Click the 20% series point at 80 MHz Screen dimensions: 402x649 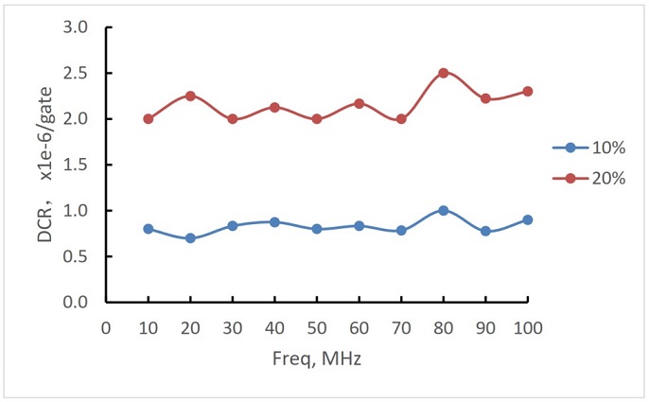coord(443,73)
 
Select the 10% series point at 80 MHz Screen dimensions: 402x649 coord(443,210)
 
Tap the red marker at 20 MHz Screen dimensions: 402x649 coord(190,96)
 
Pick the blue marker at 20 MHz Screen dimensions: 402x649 coord(190,238)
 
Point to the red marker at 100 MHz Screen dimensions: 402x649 coord(528,91)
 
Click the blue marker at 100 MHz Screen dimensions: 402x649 coord(528,219)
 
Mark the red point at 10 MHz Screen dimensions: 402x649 coord(149,119)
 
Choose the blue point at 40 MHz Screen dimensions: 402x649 coord(274,222)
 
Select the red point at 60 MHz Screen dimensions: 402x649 coord(359,103)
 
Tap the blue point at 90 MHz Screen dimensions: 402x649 coord(485,231)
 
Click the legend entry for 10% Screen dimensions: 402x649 coord(588,148)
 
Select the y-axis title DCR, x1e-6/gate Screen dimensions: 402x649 coord(44,165)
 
